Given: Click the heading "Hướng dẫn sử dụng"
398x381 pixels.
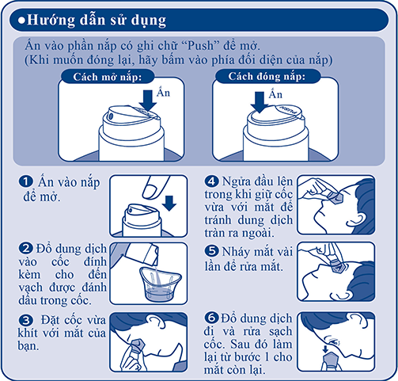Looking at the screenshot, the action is coord(97,21).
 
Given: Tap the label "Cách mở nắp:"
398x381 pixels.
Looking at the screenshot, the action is coord(108,77).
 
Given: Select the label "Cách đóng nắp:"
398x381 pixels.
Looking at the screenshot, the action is coord(267,76).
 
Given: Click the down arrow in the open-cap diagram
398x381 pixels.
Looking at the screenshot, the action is coord(148,101).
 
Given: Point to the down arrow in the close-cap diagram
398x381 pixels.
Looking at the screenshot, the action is coord(260,102).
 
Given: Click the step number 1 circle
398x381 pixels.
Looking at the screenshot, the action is coord(26,181).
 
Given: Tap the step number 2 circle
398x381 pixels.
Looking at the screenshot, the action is coord(26,249).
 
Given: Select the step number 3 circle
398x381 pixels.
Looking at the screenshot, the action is coord(26,320).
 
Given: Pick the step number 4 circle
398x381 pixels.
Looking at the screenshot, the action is coord(211,181).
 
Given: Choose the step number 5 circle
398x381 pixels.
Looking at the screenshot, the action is coord(211,251).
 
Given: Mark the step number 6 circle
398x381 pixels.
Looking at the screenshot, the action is coord(211,318).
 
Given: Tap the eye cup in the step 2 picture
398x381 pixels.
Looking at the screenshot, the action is coord(161,284).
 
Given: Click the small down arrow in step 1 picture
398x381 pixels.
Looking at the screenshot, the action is coord(169,204).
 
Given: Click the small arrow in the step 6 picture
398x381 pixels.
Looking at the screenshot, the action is coord(325,349).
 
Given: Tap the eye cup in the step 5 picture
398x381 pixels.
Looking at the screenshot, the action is coord(337,266).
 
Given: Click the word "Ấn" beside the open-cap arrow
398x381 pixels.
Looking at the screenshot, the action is coord(163,93).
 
